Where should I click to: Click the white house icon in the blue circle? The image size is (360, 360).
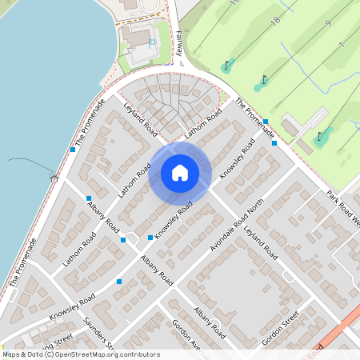click(x=180, y=173)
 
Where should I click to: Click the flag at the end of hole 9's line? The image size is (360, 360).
click(x=266, y=79)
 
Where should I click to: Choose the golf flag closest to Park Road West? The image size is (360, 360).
click(x=320, y=135)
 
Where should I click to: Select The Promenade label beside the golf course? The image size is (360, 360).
click(x=255, y=117)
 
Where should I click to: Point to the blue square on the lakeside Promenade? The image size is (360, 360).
click(x=73, y=149)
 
